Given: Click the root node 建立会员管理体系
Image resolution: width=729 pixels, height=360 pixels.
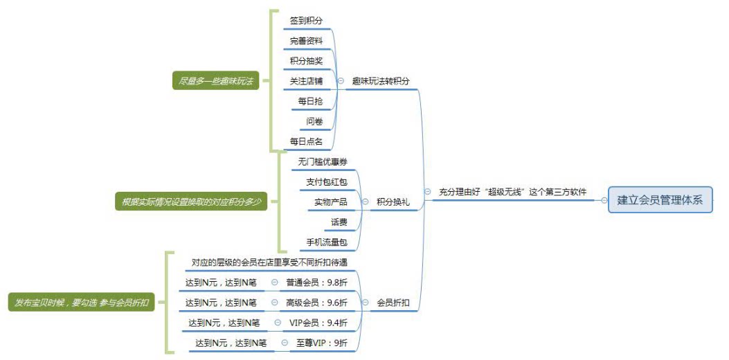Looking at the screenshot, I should pos(660,200).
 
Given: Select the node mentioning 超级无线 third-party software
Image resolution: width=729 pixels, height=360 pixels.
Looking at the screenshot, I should pos(516,192).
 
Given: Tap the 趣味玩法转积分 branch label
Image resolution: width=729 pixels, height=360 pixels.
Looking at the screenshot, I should pos(380,81).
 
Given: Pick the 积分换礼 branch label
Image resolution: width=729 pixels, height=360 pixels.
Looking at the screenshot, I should pos(393,201).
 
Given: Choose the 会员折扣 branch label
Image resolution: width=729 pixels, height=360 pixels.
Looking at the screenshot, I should pos(393,303).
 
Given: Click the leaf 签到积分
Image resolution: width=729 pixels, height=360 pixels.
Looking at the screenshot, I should pos(306,21).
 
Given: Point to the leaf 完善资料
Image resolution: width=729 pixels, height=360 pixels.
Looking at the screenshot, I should pos(306,41).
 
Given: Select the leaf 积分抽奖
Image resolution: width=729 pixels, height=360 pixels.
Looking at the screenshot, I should pos(306,61).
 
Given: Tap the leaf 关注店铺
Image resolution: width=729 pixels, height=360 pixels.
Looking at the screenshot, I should pos(306,81).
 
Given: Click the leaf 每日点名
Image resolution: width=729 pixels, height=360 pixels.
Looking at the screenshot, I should pos(306,141).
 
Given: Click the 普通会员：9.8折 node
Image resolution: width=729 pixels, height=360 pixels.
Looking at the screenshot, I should pos(316,282).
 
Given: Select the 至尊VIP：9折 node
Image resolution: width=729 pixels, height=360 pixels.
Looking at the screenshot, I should pos(322,343).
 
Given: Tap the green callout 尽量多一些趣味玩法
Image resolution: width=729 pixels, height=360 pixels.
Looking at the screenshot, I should pos(215,81).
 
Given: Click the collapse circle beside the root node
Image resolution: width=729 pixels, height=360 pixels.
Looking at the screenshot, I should pos(604,201).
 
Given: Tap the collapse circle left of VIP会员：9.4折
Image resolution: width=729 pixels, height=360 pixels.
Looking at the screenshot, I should pos(277,323).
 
